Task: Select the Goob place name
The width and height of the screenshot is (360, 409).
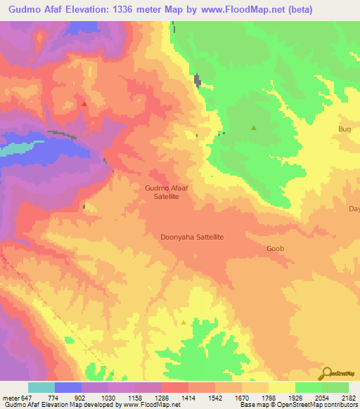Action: (275, 249)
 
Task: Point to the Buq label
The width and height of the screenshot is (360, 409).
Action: (344, 129)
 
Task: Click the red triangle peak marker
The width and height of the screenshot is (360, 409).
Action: (84, 103)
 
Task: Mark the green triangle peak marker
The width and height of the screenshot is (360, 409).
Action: (254, 127)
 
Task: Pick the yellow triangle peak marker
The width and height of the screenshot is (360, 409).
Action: (184, 323)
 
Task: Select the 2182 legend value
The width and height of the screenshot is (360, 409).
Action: (348, 397)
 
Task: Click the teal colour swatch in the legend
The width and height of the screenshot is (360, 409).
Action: (41, 387)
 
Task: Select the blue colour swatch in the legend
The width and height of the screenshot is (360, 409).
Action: (68, 387)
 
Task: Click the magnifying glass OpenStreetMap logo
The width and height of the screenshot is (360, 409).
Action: (326, 372)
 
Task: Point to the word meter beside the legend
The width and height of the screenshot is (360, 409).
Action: (9, 397)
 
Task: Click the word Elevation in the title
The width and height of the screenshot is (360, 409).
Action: (82, 9)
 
